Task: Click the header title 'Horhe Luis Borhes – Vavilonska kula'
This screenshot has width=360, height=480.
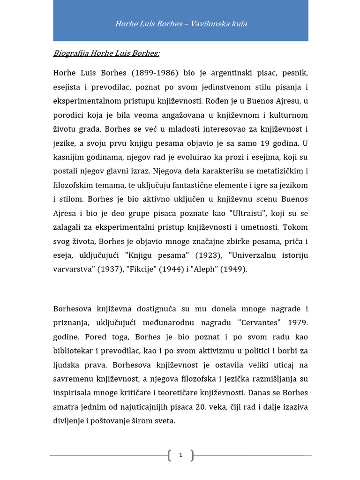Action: pos(181,23)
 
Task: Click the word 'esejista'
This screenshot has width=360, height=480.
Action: pos(68,87)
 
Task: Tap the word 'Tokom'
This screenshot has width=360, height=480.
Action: pos(296,228)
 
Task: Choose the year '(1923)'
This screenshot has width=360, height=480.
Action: pos(207,256)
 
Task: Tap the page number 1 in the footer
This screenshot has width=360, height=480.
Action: pos(180,455)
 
